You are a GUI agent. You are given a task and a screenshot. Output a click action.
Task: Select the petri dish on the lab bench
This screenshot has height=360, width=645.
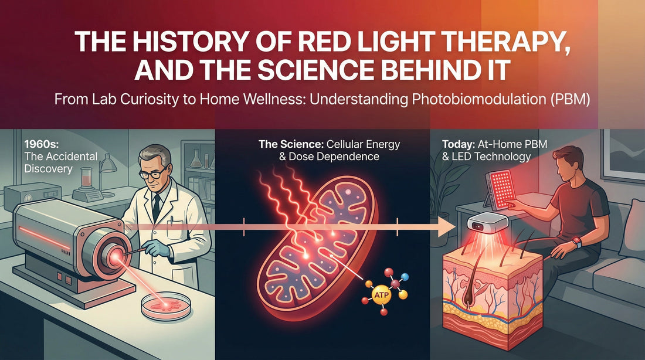tap(167, 307)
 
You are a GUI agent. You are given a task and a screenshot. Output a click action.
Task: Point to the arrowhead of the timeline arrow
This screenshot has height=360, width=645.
tap(449, 226)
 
